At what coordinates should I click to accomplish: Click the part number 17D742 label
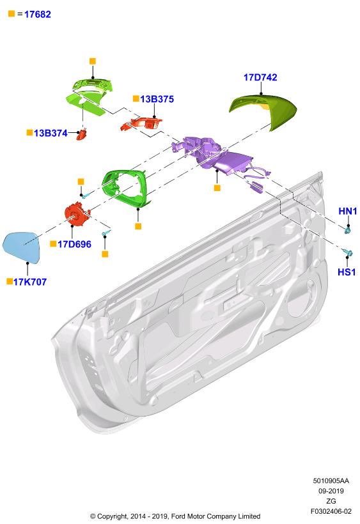point(260,77)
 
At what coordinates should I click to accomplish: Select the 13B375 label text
point(157,99)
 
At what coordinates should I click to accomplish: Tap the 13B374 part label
point(51,134)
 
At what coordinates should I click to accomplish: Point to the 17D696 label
point(74,244)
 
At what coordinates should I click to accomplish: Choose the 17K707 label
point(30,282)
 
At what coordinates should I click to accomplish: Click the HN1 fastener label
point(348,212)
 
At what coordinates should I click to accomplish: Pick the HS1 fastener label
point(347,272)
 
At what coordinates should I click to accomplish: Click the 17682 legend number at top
point(38,14)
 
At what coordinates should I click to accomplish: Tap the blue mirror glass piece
point(21,247)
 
